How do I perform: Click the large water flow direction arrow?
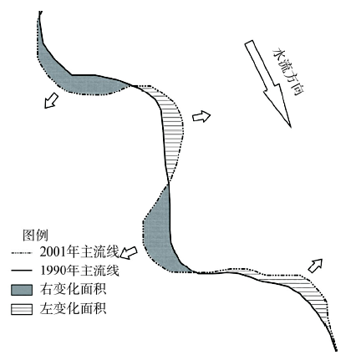[267, 83]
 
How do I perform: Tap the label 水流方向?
[287, 72]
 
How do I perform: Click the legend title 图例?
[35, 236]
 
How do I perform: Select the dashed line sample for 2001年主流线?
[22, 253]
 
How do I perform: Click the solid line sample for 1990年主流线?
[22, 271]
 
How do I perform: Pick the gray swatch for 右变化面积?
[22, 290]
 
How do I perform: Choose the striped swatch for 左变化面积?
[22, 309]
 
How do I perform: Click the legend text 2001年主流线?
[79, 252]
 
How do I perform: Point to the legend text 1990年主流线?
[79, 271]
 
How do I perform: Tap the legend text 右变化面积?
[73, 290]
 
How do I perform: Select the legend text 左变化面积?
[73, 309]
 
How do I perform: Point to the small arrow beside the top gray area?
[51, 101]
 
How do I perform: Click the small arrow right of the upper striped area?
[201, 116]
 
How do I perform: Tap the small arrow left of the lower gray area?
[129, 252]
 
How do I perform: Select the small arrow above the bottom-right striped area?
[315, 266]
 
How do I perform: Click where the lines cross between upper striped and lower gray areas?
[168, 183]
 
